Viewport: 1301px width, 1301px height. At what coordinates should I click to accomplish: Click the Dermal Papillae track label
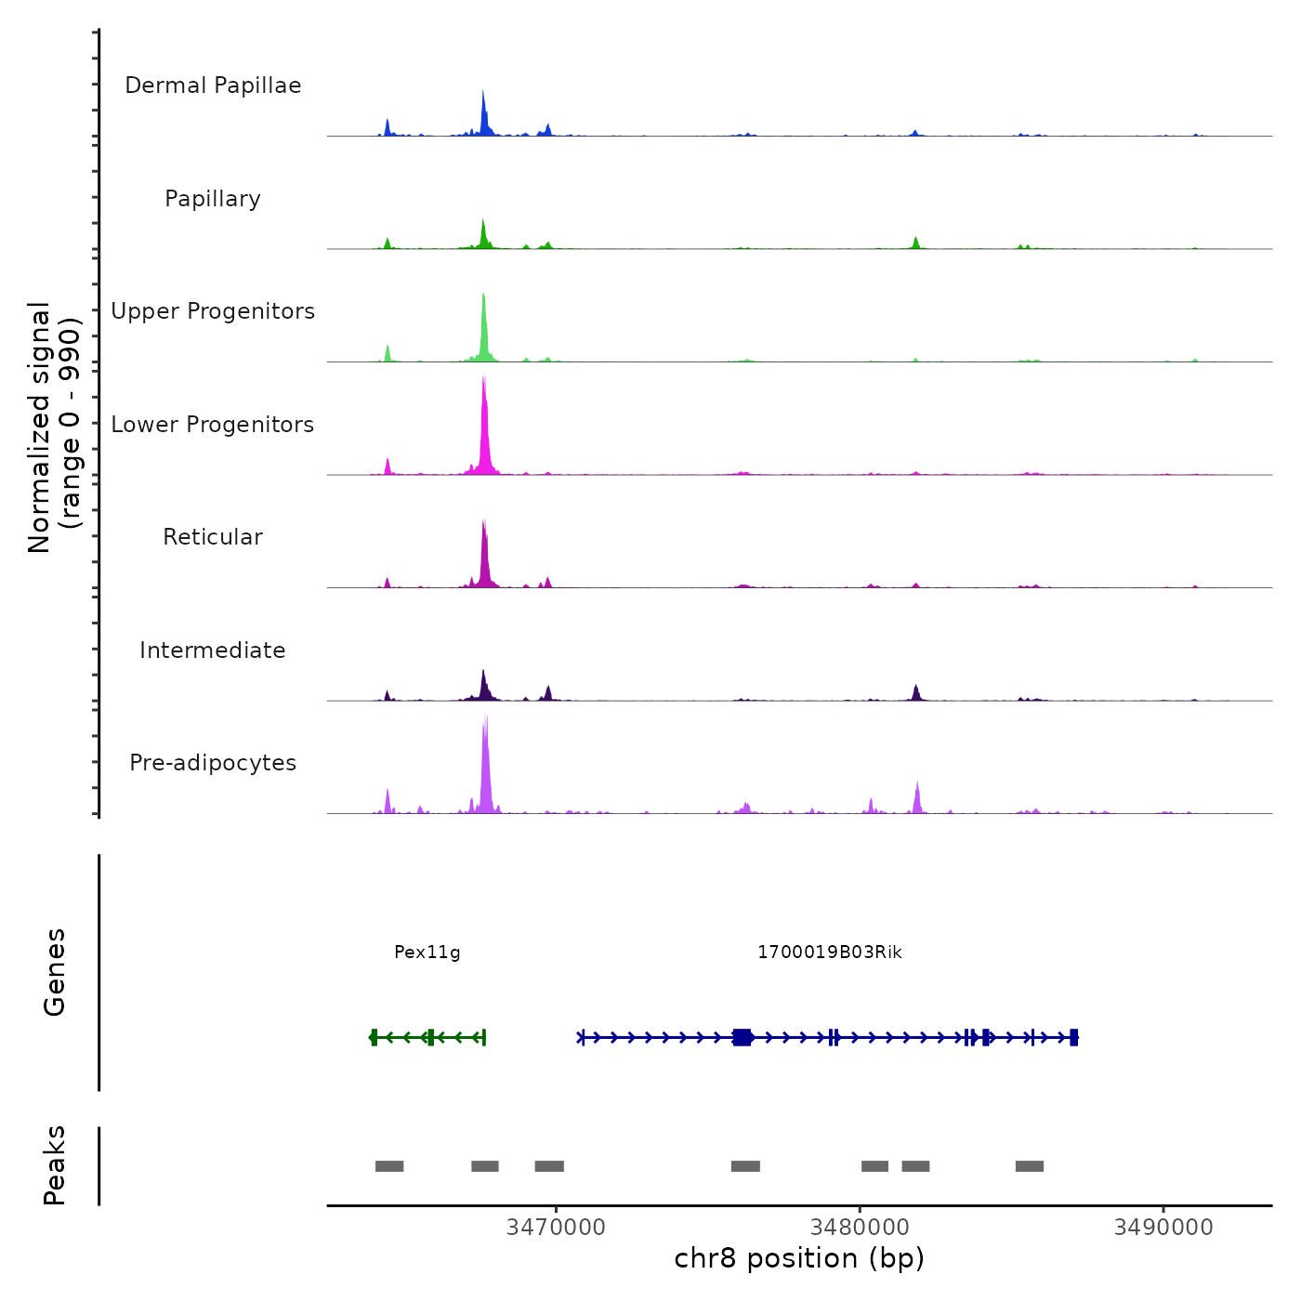tap(213, 85)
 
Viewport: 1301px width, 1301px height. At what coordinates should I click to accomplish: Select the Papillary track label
tap(213, 199)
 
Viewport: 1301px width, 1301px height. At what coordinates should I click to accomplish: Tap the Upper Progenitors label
tap(213, 311)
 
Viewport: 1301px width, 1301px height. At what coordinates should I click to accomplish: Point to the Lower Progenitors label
tap(213, 425)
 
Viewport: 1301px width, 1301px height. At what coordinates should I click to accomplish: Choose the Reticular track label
tap(213, 537)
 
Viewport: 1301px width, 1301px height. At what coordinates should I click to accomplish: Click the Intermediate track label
tap(213, 650)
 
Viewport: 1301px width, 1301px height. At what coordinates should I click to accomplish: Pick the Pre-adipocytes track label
tap(213, 763)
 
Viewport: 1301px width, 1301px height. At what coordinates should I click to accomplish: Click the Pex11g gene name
tap(427, 953)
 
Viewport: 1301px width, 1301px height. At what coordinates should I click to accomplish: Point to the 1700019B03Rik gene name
tap(830, 953)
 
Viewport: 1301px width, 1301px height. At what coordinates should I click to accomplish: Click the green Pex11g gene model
tap(428, 1037)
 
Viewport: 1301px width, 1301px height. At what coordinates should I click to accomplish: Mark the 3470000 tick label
tap(556, 1228)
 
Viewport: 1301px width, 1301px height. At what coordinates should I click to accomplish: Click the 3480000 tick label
tap(860, 1228)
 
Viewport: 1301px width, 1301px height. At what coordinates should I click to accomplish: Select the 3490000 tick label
tap(1163, 1228)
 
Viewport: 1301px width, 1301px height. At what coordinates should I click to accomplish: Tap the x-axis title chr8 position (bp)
tap(799, 1259)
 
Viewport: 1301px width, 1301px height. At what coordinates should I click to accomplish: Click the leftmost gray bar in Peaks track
tap(389, 1166)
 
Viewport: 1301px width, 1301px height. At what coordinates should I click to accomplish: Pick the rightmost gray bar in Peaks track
tap(1030, 1166)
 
